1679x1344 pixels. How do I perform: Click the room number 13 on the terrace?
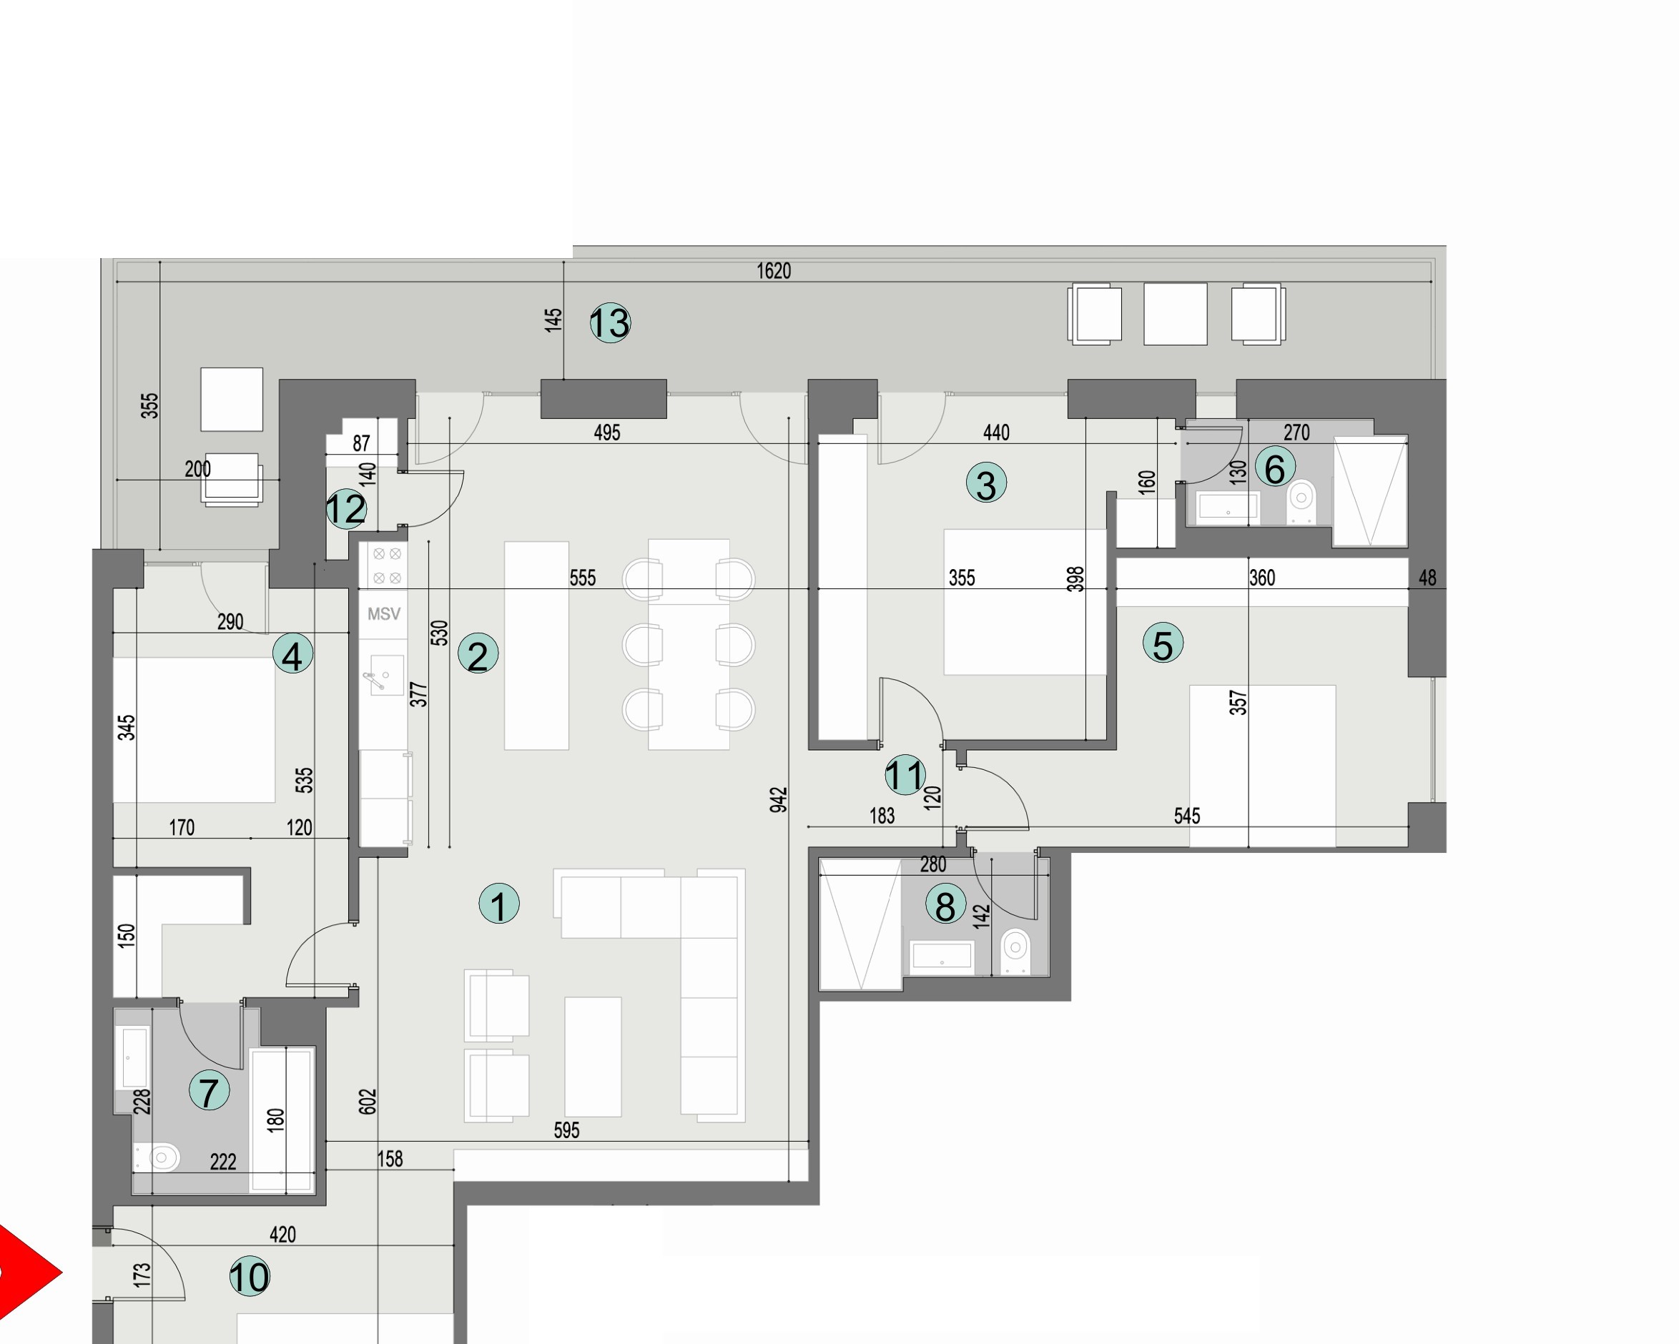tap(610, 323)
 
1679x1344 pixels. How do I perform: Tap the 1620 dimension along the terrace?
tap(773, 271)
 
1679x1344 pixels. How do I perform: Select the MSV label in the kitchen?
tap(383, 614)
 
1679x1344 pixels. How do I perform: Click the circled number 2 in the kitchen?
tap(478, 654)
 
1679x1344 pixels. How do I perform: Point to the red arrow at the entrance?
tap(27, 1273)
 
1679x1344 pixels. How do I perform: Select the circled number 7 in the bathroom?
tap(209, 1091)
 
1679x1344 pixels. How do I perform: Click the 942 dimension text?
tap(778, 801)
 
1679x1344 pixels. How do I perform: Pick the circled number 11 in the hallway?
tap(905, 775)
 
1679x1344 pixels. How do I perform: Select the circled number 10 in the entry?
tap(249, 1277)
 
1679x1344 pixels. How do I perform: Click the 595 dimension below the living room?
tap(566, 1130)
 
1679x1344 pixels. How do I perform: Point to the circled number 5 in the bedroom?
tap(1162, 644)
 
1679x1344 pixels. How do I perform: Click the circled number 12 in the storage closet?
tap(346, 509)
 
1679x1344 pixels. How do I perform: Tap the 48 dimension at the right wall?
tap(1427, 578)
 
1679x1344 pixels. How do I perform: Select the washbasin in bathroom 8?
tap(942, 955)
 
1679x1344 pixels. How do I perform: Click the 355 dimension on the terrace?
tap(149, 405)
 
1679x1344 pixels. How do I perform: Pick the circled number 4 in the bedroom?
tap(292, 655)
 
